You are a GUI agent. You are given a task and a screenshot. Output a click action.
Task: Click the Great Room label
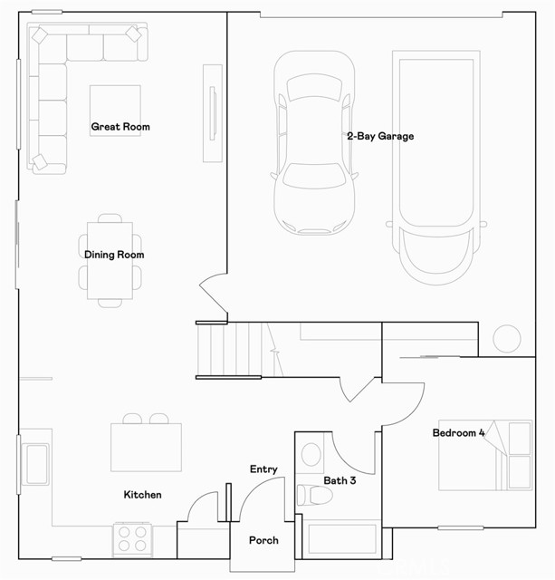pos(120,127)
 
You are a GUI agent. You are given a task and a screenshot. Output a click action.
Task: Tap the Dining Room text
pos(114,255)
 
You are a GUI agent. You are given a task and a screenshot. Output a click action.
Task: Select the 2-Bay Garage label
pos(380,136)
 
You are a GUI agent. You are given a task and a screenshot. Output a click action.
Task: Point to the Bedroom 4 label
pos(458,433)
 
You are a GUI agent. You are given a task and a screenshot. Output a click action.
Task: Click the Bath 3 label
pos(340,480)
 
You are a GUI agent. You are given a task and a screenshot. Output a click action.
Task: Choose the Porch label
pos(263,540)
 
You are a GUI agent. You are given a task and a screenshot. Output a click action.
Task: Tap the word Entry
pos(263,469)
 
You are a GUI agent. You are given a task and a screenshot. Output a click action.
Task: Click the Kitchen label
pos(143,495)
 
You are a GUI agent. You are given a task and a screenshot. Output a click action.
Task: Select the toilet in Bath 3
pos(314,496)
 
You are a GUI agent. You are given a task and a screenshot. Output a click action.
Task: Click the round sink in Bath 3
pos(311,455)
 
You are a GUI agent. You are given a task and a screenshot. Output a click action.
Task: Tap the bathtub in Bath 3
pos(342,539)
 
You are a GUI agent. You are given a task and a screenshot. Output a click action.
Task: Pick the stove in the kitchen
pos(132,540)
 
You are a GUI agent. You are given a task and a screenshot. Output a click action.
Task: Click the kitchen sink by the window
pos(35,464)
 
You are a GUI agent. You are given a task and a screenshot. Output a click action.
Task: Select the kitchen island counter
pos(146,447)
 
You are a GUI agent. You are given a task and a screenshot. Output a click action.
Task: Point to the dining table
pos(110,261)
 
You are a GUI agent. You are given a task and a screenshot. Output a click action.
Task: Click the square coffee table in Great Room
pos(115,111)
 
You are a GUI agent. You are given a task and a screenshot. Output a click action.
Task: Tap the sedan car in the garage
pos(315,143)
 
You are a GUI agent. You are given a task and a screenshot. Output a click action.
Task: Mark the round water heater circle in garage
pos(507,339)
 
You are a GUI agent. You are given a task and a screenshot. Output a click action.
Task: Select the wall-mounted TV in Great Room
pos(213,113)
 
